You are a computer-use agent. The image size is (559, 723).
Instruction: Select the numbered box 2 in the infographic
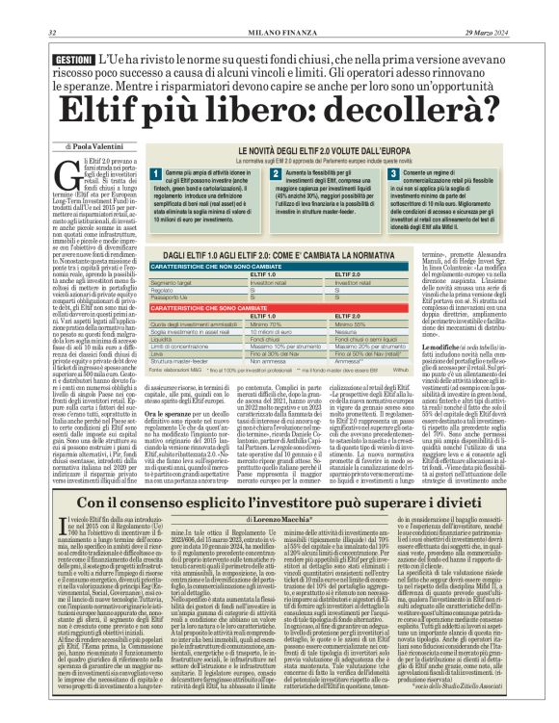(x=275, y=172)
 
